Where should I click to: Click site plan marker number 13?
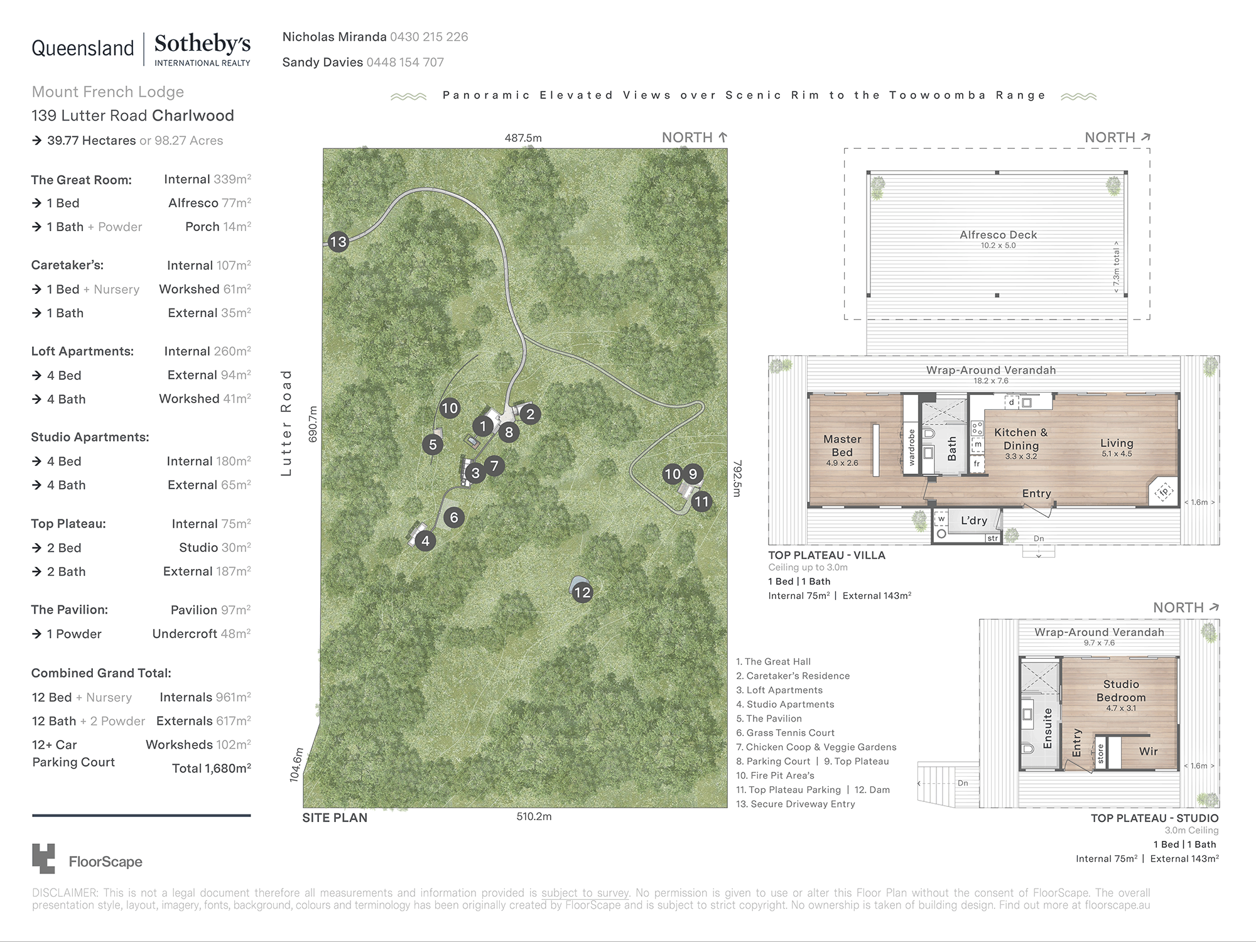(x=338, y=242)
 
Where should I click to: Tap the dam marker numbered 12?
(x=582, y=592)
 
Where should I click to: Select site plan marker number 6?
(x=454, y=517)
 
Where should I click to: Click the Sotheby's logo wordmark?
(x=202, y=44)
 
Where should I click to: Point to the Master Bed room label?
(x=842, y=445)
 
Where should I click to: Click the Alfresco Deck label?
(x=998, y=235)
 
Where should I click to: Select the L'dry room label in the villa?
(x=973, y=520)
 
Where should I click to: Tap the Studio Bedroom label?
(x=1121, y=691)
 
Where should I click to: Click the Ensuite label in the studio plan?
(x=1047, y=728)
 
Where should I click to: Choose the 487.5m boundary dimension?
(x=523, y=138)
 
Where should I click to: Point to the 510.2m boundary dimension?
(x=534, y=816)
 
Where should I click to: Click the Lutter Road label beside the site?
(x=286, y=422)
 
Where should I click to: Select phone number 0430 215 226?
(x=429, y=37)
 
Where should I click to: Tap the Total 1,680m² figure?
(x=212, y=768)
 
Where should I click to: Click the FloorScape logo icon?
(x=43, y=858)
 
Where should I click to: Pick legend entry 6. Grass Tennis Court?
(x=785, y=733)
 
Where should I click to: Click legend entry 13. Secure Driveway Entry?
(x=795, y=804)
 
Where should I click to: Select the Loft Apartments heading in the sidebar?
(x=82, y=352)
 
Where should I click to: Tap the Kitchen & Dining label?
(x=1020, y=439)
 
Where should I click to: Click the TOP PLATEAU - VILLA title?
(x=826, y=555)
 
